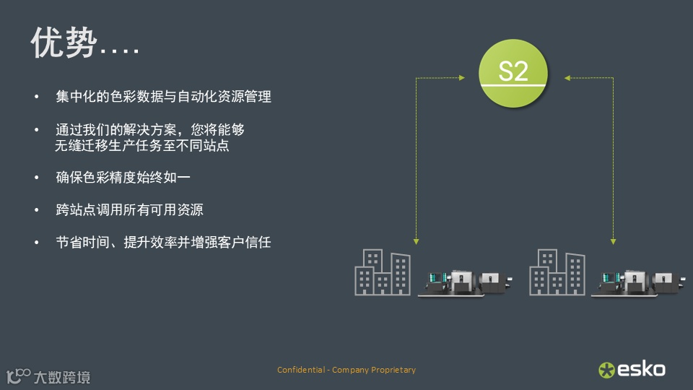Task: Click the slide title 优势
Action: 64,43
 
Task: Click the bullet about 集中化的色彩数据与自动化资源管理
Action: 163,96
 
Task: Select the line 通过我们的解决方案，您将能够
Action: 150,130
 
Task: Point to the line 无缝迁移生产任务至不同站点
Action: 147,145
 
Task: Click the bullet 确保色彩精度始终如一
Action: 123,177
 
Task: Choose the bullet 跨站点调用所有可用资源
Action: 129,210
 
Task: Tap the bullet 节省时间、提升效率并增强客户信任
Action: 163,243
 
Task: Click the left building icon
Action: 383,272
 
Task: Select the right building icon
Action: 557,272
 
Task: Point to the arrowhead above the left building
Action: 416,240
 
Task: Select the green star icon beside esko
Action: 606,370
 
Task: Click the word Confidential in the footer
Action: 301,370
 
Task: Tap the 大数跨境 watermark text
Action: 62,377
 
